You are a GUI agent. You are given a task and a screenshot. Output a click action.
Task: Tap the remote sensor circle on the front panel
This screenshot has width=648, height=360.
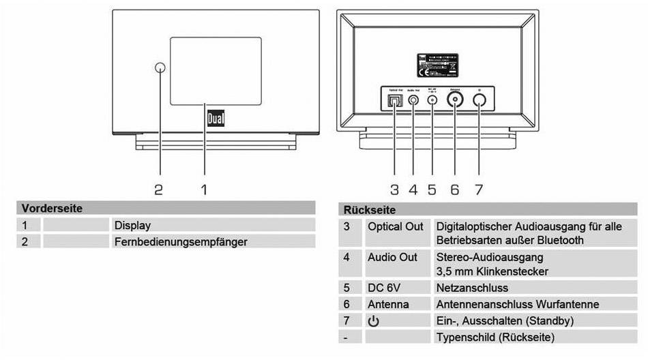pos(160,68)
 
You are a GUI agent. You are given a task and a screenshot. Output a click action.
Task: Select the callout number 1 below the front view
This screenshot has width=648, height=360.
pos(203,189)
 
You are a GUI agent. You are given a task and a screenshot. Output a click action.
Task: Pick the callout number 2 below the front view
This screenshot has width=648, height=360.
pos(158,189)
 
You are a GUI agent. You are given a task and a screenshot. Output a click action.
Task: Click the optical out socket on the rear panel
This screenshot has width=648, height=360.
pos(395,100)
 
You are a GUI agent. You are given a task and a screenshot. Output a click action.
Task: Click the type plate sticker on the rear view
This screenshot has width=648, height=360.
pos(437,65)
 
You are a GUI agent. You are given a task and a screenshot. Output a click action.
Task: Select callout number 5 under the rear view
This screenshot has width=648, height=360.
pos(432,189)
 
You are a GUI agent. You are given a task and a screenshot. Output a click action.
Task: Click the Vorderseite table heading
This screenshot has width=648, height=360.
pos(52,208)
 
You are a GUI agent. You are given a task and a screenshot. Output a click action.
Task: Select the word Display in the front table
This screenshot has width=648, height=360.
pos(132,225)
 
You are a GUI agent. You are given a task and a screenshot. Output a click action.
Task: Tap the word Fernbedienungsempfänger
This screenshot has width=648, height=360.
pos(180,241)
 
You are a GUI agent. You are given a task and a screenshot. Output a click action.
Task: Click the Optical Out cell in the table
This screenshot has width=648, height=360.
pos(395,226)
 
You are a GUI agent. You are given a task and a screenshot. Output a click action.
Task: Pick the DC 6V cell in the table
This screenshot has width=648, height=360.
pos(385,288)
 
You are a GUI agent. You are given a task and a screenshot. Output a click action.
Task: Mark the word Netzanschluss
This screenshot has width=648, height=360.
pos(472,288)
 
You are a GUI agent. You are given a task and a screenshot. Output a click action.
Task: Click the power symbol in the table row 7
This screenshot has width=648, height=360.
pos(373,320)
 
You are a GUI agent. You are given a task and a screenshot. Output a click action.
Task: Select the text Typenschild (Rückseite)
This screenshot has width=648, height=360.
pos(495,337)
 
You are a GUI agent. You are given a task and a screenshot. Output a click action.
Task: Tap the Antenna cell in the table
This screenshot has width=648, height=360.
pos(388,304)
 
